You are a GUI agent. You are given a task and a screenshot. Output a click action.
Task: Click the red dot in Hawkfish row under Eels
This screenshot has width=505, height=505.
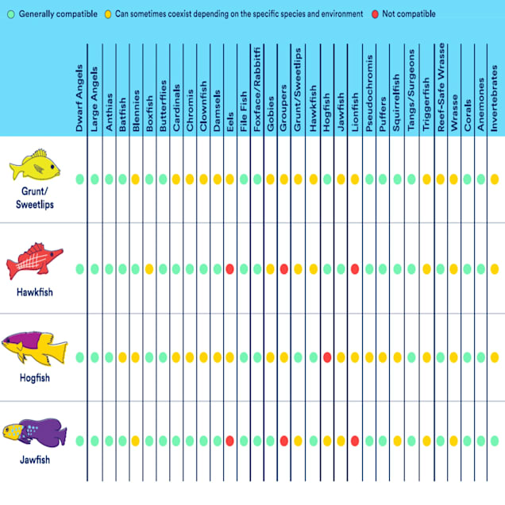229,269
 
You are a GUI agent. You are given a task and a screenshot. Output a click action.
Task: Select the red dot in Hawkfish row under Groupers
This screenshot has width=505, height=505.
283,269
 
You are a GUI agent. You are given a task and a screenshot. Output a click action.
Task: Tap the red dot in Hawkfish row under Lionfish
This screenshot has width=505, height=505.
355,269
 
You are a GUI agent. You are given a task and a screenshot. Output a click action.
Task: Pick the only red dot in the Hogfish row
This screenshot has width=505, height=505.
326,357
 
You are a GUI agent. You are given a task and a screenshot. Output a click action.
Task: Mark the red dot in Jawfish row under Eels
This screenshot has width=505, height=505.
229,441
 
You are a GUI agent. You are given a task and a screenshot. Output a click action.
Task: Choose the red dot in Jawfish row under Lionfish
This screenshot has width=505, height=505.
355,441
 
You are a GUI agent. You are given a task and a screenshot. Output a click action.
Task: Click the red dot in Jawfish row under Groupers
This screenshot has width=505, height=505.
283,441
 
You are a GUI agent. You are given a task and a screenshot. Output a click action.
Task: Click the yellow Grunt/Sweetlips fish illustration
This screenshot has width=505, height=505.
35,165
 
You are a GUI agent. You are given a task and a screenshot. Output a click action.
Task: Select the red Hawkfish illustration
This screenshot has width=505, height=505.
34,260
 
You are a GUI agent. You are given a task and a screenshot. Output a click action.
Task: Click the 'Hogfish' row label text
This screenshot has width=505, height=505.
34,378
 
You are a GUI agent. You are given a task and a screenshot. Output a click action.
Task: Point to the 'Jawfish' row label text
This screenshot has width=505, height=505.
34,460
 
